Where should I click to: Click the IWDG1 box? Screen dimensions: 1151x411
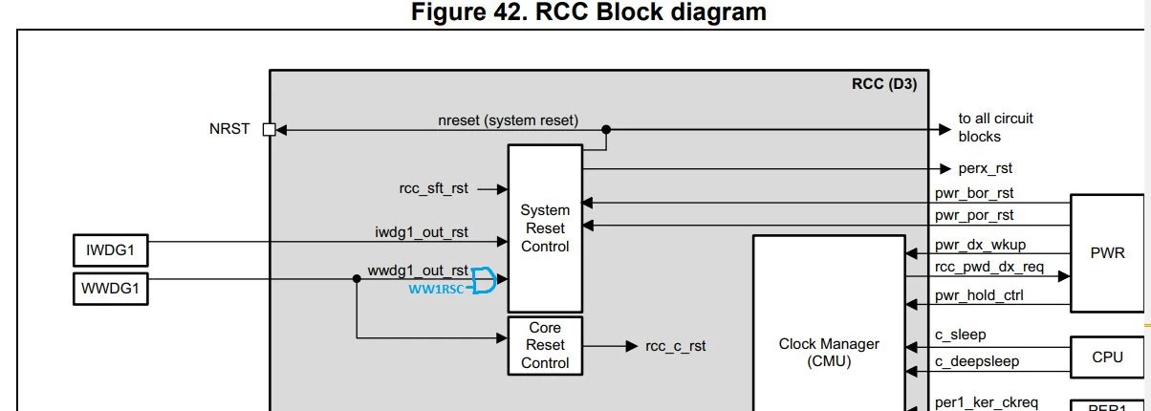[111, 250]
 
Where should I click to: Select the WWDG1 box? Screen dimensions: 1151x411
[111, 289]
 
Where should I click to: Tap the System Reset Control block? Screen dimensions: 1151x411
[545, 228]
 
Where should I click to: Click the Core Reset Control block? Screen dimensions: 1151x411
[545, 346]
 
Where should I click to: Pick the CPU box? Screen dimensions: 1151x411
[1107, 357]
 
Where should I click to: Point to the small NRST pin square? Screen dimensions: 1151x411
[269, 129]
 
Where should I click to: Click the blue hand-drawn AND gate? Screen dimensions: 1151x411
[484, 280]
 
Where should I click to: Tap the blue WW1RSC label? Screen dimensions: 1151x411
[436, 290]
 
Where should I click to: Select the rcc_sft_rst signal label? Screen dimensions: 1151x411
[434, 188]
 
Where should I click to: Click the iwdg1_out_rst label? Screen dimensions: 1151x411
[422, 232]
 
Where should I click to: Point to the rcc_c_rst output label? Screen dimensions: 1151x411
[676, 346]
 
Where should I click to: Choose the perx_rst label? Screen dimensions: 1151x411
[985, 168]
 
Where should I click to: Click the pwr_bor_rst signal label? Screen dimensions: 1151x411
[974, 193]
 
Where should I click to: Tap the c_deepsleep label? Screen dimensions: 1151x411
[977, 361]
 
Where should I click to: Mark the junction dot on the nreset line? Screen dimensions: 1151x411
[606, 129]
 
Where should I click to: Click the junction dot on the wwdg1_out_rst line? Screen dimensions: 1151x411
[357, 279]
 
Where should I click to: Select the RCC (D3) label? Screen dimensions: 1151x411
[884, 84]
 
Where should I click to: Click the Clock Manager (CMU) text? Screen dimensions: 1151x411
[829, 353]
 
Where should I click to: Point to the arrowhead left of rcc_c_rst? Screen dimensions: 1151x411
[632, 346]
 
